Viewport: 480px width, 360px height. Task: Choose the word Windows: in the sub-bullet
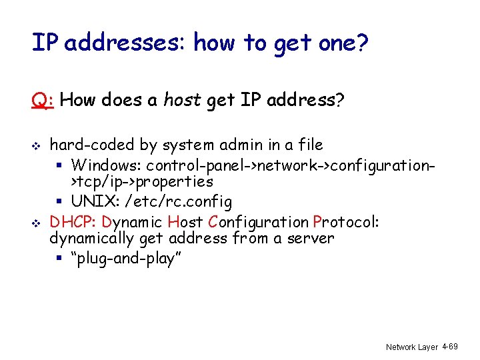click(106, 164)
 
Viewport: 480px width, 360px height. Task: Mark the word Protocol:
click(346, 221)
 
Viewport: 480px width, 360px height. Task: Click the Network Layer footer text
click(412, 347)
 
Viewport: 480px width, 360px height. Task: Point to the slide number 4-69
click(450, 347)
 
